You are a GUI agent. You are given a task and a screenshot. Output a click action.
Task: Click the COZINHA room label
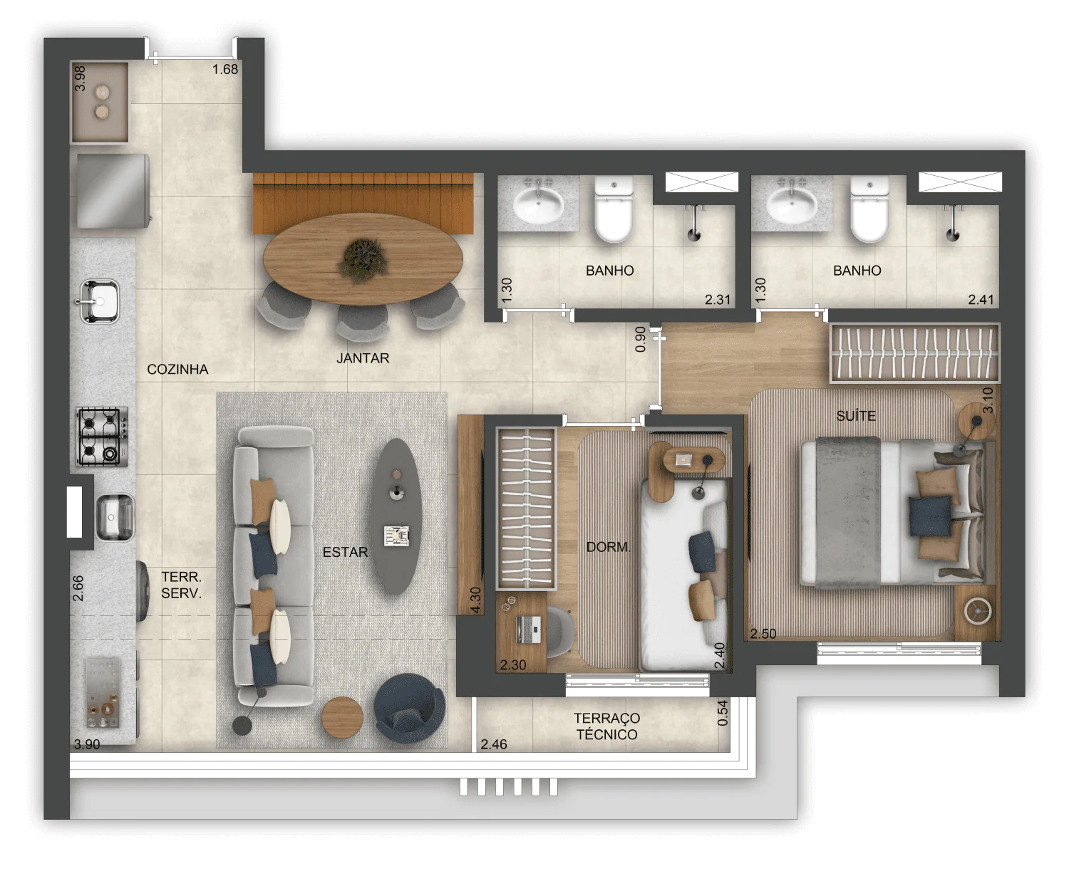[177, 370]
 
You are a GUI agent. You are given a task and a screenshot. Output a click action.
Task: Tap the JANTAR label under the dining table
[363, 358]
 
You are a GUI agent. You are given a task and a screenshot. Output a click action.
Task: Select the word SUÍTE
[856, 416]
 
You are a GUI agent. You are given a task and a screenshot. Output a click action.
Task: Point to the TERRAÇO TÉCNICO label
[606, 726]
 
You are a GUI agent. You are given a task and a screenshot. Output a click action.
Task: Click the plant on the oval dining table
[363, 259]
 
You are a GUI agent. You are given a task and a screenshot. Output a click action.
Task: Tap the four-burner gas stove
[102, 437]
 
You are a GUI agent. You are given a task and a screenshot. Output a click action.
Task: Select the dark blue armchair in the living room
[410, 708]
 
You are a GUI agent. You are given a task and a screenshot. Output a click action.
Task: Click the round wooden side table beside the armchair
[342, 717]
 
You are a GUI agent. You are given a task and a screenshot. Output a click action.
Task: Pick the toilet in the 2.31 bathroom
[614, 209]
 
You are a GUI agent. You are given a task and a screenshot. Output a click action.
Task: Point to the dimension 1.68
[225, 69]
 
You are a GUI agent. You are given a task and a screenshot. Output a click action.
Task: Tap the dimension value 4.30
[475, 600]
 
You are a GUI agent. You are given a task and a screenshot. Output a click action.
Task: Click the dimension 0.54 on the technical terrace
[723, 712]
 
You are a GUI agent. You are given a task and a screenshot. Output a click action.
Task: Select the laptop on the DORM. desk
[528, 630]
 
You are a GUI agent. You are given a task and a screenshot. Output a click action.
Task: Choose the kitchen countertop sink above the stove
[100, 301]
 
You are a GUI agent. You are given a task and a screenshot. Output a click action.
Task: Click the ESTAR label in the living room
[345, 552]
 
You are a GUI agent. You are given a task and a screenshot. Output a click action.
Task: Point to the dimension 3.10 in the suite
[987, 400]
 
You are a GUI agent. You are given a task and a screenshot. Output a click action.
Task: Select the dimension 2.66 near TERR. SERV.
[78, 588]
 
